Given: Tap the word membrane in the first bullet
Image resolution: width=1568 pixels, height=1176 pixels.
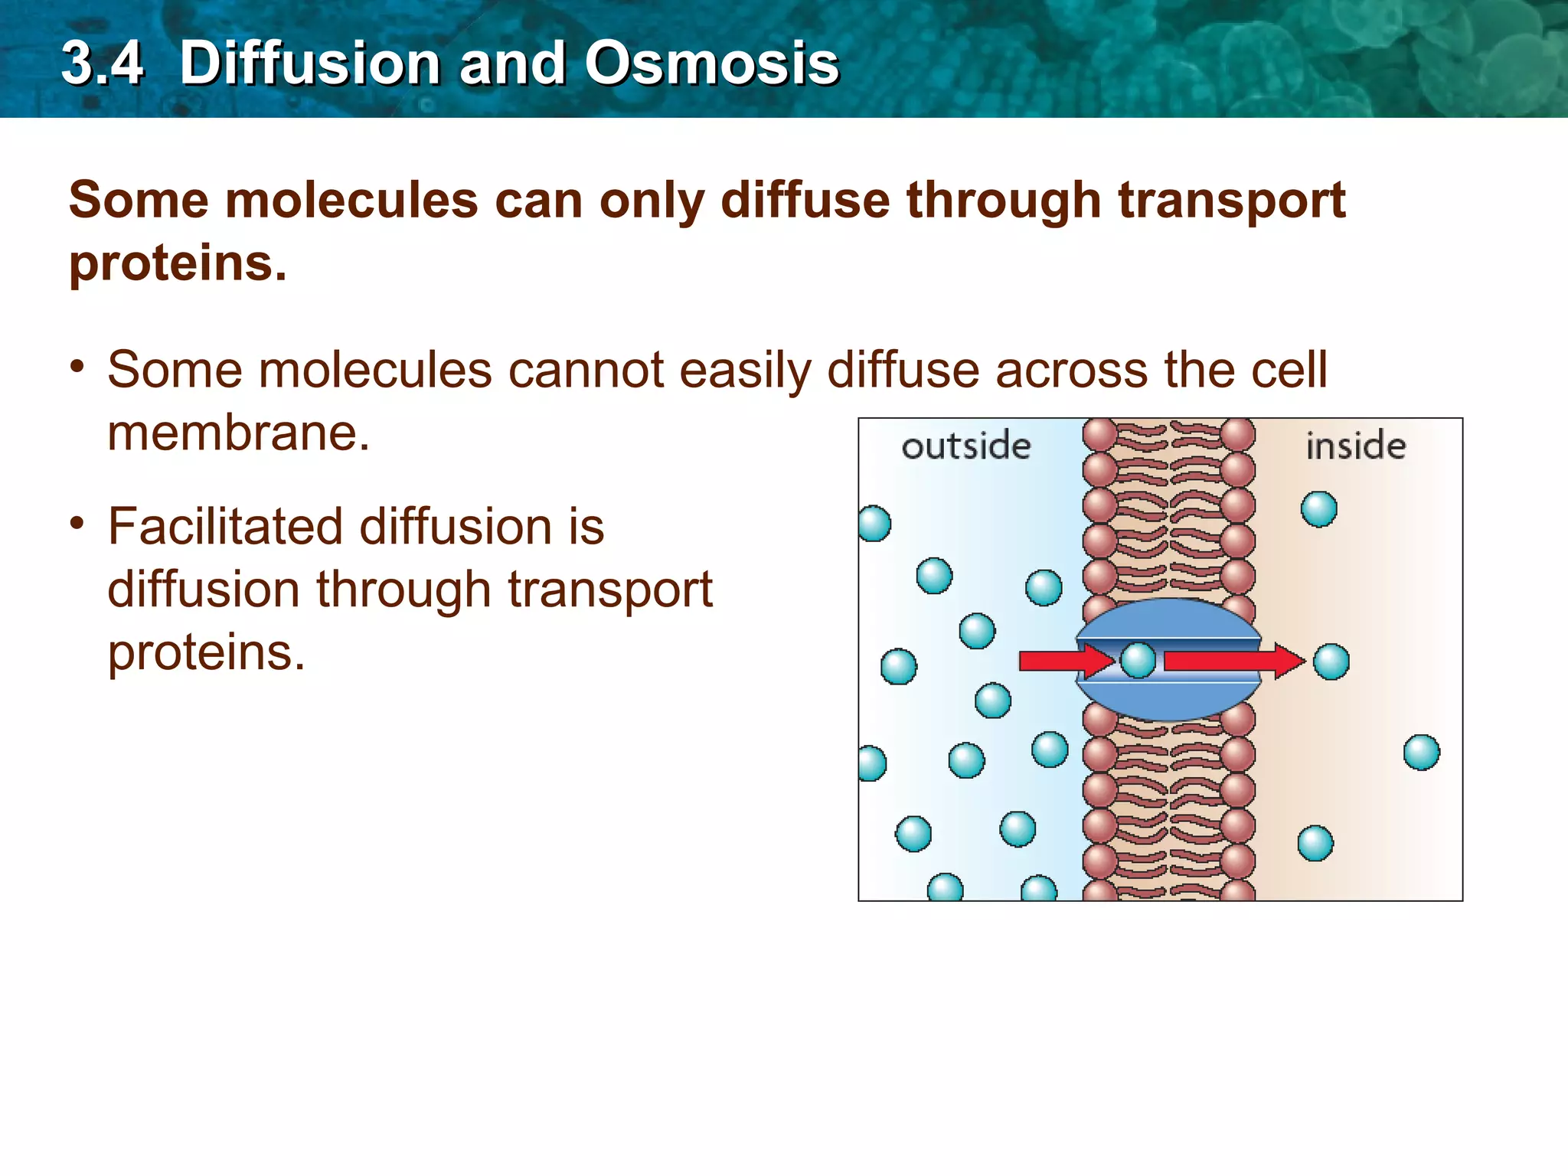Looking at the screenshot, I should tap(238, 433).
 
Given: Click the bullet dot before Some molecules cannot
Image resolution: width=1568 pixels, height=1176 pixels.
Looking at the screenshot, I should tap(77, 367).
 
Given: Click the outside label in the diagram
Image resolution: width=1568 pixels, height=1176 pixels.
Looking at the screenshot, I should tap(965, 446).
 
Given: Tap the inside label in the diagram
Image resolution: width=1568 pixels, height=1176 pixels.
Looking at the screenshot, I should tap(1355, 446).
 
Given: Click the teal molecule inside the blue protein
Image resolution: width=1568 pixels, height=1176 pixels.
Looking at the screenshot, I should tap(1138, 660).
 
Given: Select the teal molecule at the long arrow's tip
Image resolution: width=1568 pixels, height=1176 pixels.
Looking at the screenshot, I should tap(1331, 661).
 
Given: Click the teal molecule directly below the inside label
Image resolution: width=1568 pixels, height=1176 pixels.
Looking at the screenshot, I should tap(1318, 509).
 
